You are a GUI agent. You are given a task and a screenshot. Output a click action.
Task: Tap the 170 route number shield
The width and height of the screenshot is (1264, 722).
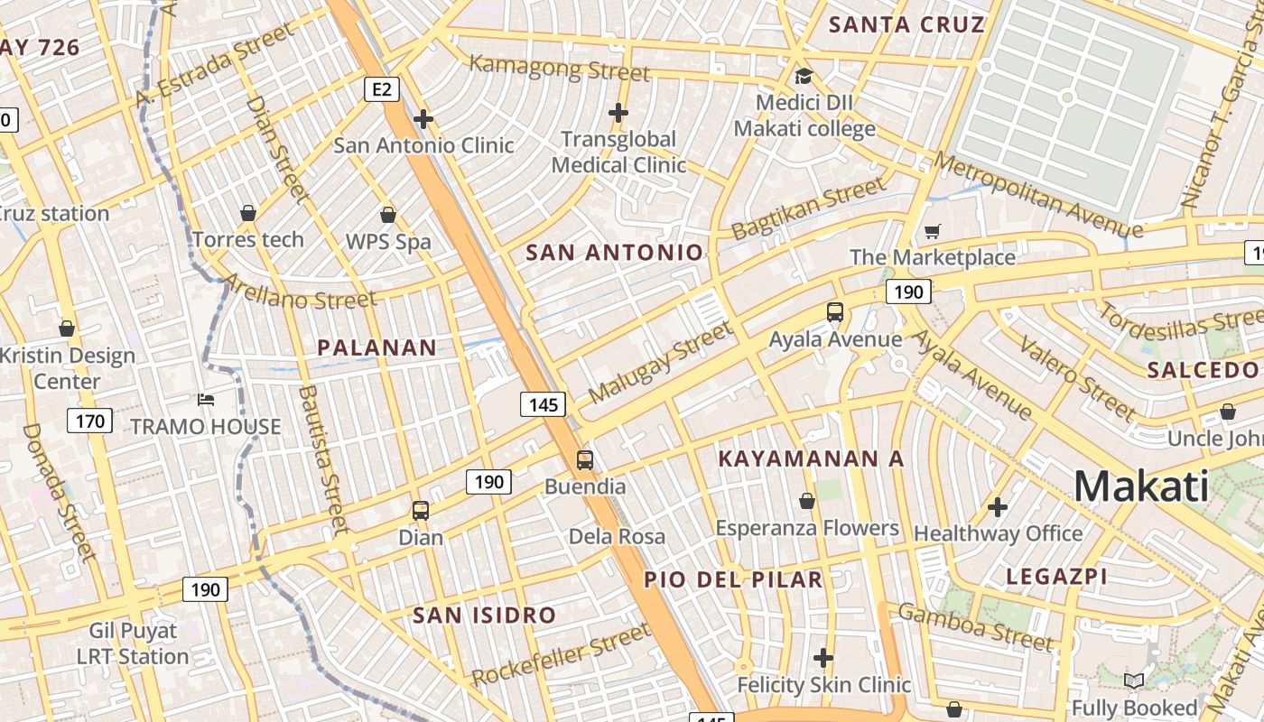coord(89,421)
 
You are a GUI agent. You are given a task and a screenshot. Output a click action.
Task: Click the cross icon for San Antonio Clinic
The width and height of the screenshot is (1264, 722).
coord(423,118)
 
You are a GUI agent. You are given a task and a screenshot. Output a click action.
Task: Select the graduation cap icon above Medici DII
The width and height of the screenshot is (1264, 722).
coord(803,76)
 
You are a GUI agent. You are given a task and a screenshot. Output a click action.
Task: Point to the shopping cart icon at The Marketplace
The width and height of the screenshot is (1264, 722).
coord(933,232)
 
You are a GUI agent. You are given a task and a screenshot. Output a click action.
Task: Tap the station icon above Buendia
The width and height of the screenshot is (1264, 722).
coord(585,460)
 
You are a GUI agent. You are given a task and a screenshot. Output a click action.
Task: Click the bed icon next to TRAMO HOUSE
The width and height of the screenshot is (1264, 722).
coord(206,400)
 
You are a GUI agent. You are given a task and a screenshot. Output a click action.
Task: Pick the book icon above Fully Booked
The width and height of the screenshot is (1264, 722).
coord(1134,681)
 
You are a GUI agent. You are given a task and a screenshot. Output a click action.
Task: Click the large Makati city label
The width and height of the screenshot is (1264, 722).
coord(1141,487)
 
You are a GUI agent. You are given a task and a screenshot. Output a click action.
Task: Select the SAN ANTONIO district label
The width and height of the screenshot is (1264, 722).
coord(614,253)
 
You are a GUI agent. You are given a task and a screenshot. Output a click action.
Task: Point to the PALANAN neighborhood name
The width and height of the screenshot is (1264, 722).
coord(376,347)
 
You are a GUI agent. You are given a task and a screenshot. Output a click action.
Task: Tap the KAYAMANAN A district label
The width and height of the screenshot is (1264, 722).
coord(810,458)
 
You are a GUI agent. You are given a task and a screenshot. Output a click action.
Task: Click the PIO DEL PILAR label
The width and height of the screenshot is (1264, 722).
coord(733,579)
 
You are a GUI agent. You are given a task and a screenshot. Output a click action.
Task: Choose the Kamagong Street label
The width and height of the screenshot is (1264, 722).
coord(560,68)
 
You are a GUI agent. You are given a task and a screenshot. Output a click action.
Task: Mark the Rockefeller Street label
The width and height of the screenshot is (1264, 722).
coord(561,654)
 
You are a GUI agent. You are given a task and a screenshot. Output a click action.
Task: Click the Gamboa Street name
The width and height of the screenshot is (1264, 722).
coord(975,627)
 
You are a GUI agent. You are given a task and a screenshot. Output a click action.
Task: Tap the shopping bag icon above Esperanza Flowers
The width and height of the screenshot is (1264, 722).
coord(807,501)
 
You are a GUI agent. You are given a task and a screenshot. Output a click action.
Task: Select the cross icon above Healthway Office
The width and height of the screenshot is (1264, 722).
coord(998,507)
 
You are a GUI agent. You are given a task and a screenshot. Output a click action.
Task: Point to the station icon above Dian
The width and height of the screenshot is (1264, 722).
coord(421,511)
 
